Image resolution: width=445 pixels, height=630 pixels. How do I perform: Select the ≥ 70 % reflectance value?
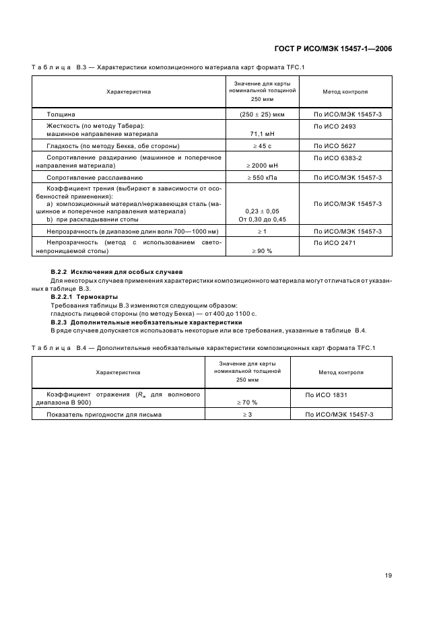246,402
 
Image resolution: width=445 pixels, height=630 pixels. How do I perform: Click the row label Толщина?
61,114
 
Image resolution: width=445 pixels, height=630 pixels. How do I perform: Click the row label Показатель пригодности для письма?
104,414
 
